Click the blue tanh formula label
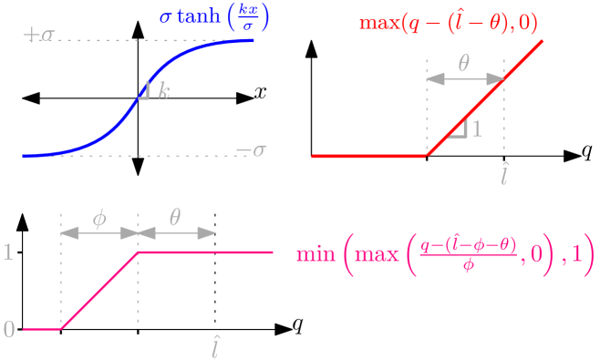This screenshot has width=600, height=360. pos(215,18)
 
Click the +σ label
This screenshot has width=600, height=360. pos(39,36)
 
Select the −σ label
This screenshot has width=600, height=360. pos(251,150)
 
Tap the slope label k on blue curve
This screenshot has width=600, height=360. pos(163,90)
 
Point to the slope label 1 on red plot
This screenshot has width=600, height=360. pos(476,129)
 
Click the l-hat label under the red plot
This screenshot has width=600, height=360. pos(504,173)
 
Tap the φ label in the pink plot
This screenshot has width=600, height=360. pos(99,218)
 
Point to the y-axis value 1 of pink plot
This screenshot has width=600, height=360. pos(8,252)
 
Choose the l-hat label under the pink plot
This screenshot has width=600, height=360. pos(215,346)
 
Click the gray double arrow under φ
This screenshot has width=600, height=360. pos(99,233)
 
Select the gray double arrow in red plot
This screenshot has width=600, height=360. pos(465,80)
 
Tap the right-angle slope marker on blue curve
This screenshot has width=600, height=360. pos(144,90)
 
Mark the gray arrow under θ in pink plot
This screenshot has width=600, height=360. pos(177,233)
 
